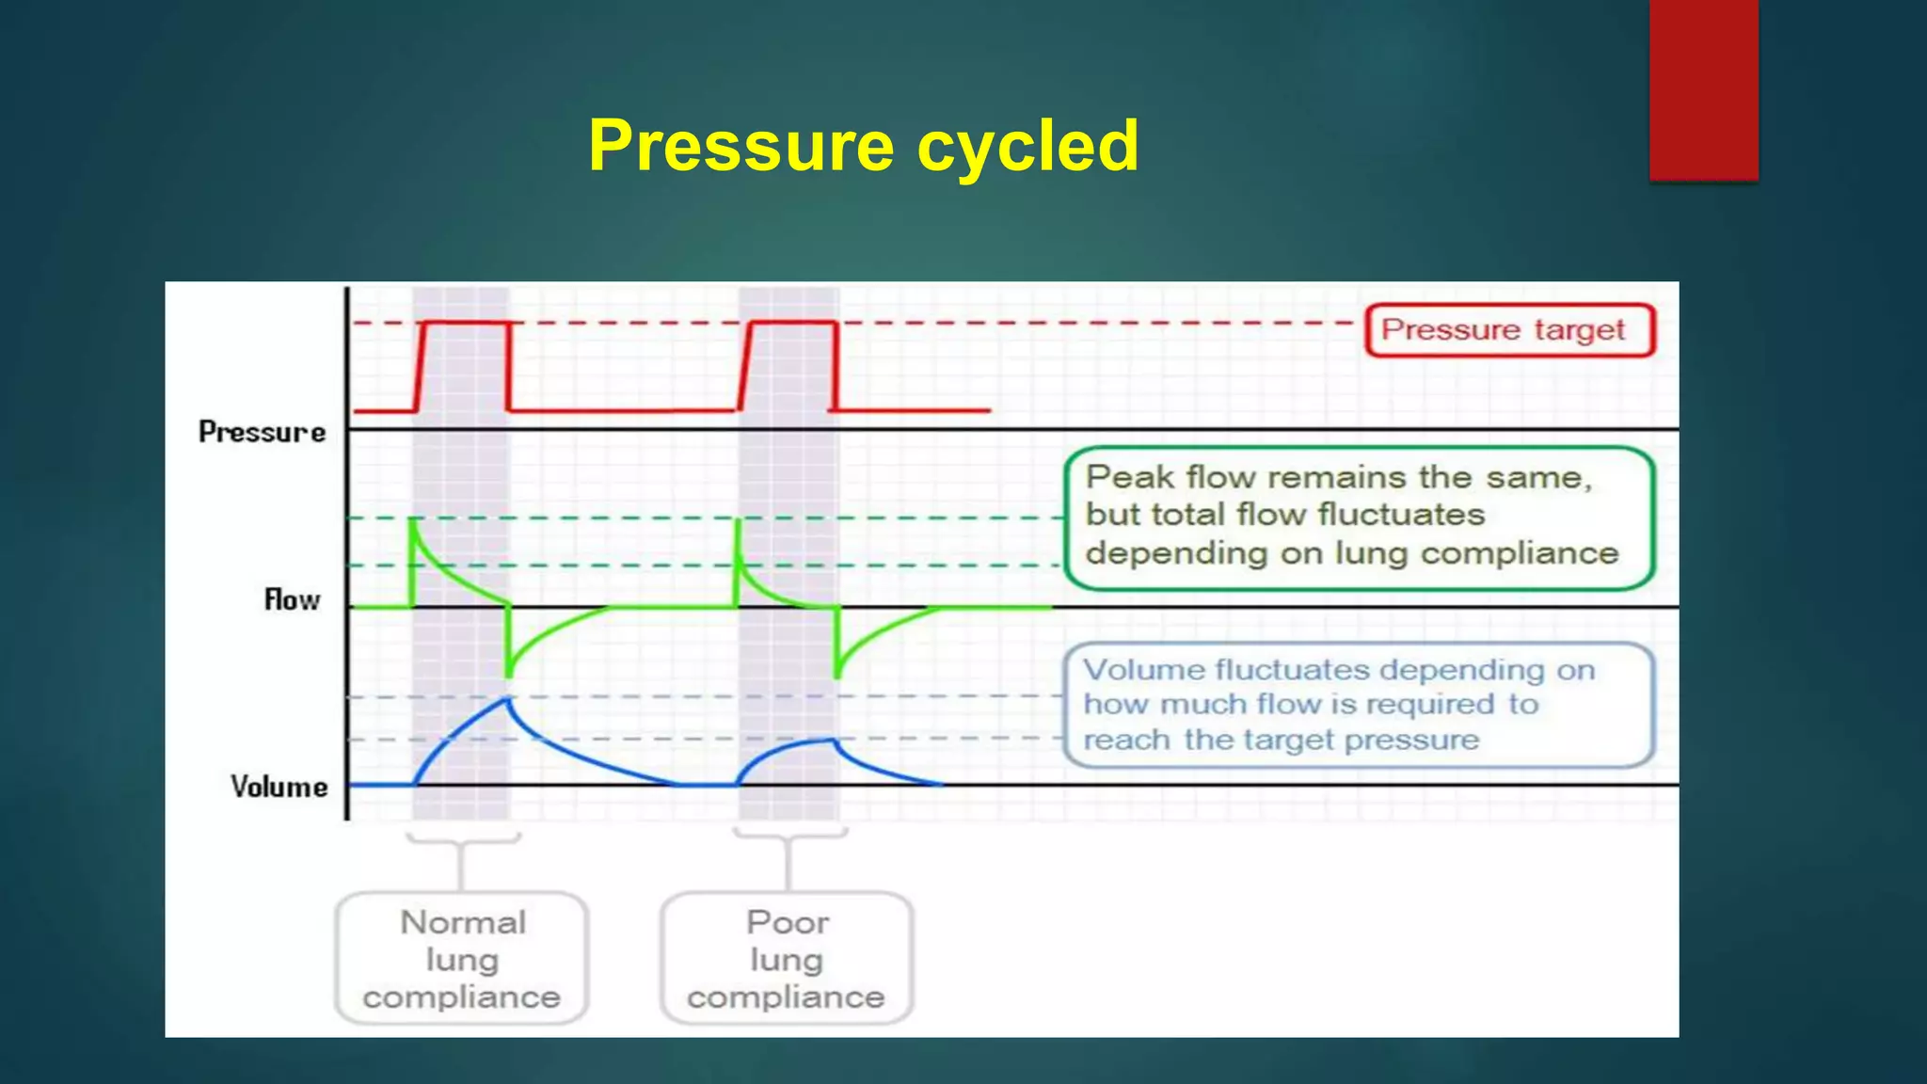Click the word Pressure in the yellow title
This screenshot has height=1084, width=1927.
741,147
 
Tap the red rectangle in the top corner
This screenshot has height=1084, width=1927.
1703,89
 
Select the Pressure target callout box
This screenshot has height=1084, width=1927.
1509,330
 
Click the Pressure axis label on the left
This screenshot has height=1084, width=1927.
262,432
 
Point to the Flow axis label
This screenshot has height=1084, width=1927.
292,599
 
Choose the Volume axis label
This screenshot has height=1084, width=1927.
279,787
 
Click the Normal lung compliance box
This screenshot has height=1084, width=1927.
462,959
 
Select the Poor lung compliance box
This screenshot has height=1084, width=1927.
787,959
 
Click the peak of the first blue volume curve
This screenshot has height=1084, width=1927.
508,698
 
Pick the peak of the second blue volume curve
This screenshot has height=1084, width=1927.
832,740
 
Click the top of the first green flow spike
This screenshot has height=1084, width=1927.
412,519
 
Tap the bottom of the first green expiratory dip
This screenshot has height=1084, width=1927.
508,674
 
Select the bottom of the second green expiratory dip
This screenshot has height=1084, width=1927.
836,675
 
